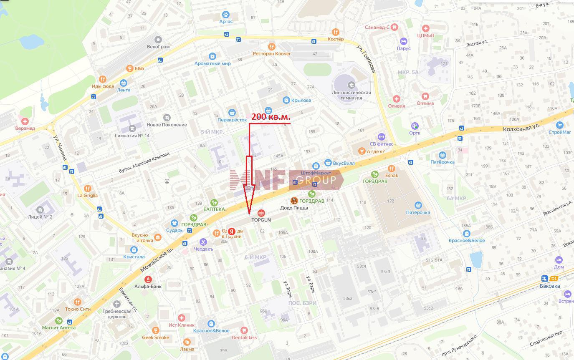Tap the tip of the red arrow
pyautogui.click(x=250, y=215)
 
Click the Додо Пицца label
pyautogui.click(x=294, y=208)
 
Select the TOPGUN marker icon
pyautogui.click(x=261, y=213)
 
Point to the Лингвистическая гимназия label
pyautogui.click(x=351, y=95)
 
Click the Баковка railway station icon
pyautogui.click(x=544, y=279)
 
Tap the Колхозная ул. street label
pyautogui.click(x=521, y=126)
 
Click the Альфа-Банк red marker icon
pyautogui.click(x=148, y=279)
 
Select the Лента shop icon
pyautogui.click(x=123, y=83)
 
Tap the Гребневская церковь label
pyautogui.click(x=117, y=314)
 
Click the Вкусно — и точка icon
pyautogui.click(x=157, y=237)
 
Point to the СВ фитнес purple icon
pyautogui.click(x=381, y=137)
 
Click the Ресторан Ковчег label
pyautogui.click(x=271, y=54)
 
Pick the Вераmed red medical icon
pyautogui.click(x=25, y=121)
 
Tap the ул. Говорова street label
pyautogui.click(x=366, y=59)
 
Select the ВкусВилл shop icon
pyautogui.click(x=328, y=163)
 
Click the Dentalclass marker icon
pyautogui.click(x=244, y=330)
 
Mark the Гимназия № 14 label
pyautogui.click(x=132, y=136)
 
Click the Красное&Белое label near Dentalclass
pyautogui.click(x=211, y=331)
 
